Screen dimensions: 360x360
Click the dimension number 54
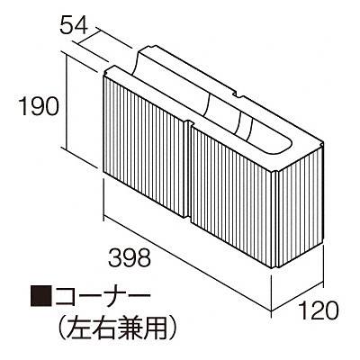click(x=74, y=24)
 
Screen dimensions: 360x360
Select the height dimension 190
click(x=39, y=107)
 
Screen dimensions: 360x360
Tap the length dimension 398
click(x=130, y=258)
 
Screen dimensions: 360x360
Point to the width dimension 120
click(x=319, y=310)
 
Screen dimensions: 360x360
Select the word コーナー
click(x=101, y=294)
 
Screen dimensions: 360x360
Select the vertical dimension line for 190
click(x=66, y=101)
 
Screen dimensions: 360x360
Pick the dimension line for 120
click(x=297, y=297)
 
